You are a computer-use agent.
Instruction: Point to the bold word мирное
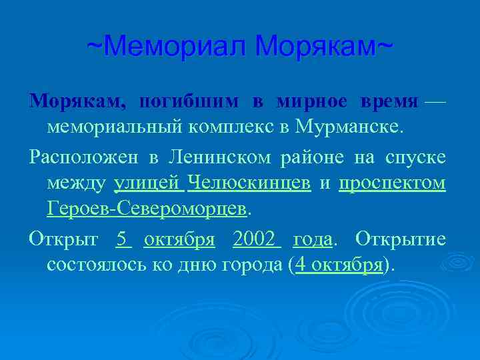coord(313,101)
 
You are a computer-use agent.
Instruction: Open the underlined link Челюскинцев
coord(249,183)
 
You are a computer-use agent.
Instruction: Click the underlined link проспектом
coord(392,183)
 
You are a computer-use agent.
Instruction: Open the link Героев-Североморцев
coord(147,208)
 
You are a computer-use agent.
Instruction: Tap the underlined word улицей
coord(149,183)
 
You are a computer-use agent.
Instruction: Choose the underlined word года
coord(312,238)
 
